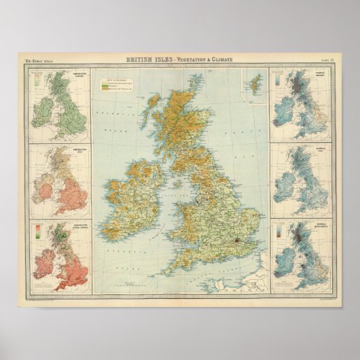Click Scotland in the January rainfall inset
298,88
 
